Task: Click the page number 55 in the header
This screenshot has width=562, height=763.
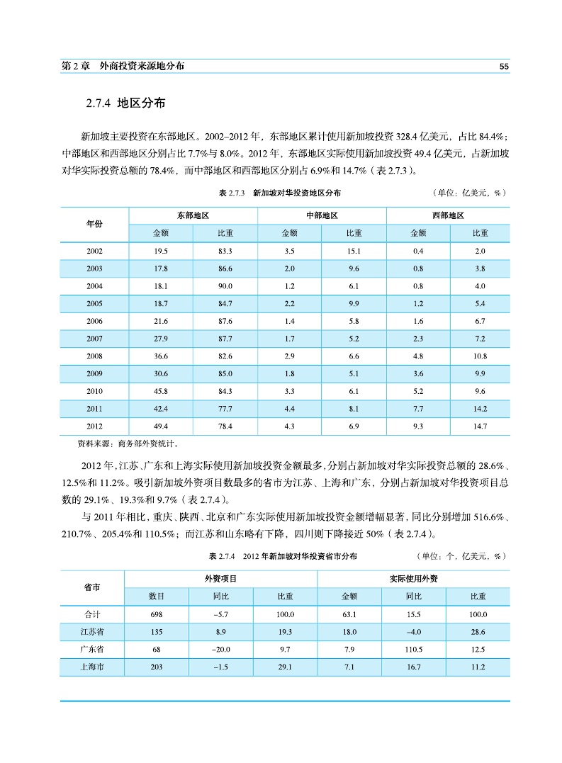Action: point(504,66)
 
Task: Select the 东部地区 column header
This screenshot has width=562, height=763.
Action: point(193,215)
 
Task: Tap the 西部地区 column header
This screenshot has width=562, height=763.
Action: point(448,215)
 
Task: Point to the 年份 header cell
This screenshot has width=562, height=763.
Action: point(94,224)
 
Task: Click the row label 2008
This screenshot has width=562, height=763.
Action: point(94,356)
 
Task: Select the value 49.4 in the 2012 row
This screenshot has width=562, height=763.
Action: point(160,426)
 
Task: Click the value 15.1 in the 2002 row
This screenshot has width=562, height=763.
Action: point(354,251)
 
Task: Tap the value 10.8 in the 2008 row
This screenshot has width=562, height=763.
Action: point(480,356)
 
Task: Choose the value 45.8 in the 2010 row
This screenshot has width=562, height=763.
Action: point(160,392)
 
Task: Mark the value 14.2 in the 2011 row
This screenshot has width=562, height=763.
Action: point(480,409)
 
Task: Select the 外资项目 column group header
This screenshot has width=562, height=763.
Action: point(221,579)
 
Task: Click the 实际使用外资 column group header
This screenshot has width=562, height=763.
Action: point(413,579)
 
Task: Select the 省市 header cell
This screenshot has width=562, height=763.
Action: point(92,587)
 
